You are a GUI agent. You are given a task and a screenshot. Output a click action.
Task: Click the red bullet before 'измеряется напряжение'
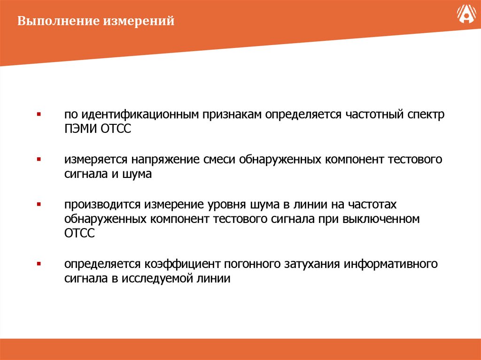point(39,160)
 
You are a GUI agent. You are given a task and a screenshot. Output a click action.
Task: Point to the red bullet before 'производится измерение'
point(39,205)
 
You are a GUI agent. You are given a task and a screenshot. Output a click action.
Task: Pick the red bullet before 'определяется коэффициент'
point(39,264)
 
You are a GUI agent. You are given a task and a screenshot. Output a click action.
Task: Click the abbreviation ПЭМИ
point(81,129)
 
